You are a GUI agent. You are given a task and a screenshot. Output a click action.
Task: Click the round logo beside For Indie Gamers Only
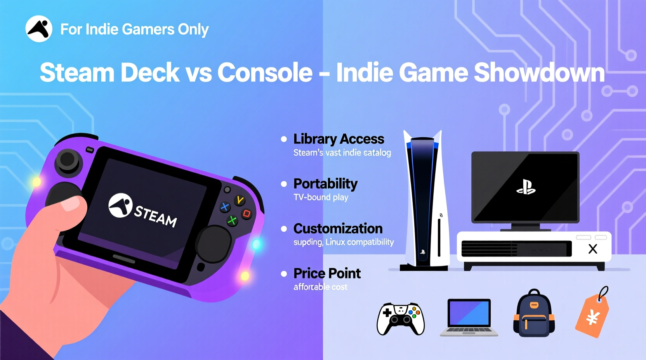(39, 29)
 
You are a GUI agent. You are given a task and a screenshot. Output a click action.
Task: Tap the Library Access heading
(339, 139)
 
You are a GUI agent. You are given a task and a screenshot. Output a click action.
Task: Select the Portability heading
(325, 183)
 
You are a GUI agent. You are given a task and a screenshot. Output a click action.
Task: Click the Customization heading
(338, 228)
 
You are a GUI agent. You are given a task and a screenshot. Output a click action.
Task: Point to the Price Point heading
(327, 273)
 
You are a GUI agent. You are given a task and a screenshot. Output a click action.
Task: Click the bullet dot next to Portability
(284, 184)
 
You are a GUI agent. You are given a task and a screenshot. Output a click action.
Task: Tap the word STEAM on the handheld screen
(155, 215)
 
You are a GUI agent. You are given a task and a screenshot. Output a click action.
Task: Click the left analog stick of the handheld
(68, 160)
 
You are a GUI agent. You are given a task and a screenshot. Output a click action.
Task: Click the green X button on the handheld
(232, 221)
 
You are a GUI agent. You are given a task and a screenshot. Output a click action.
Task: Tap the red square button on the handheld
(247, 213)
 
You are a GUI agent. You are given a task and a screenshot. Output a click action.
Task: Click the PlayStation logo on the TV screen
(526, 187)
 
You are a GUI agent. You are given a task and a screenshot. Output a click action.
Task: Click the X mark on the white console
(592, 249)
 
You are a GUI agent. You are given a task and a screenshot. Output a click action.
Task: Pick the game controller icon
(401, 318)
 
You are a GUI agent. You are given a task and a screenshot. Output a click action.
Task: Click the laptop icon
(469, 317)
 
